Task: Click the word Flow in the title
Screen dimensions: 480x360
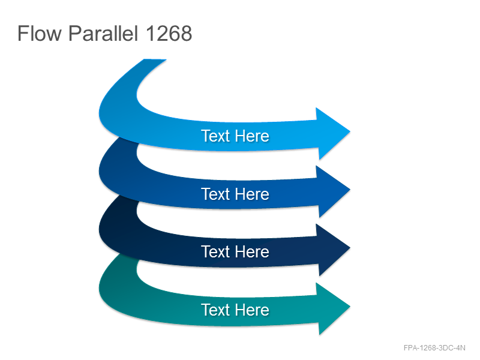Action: [40, 33]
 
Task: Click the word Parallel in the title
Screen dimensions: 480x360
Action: [103, 33]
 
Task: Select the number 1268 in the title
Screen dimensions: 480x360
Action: [169, 33]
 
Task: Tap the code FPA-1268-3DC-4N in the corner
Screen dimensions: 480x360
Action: [434, 348]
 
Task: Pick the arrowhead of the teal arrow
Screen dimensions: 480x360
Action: [332, 308]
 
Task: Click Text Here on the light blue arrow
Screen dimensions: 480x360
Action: [235, 136]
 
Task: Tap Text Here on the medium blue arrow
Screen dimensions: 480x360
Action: [235, 194]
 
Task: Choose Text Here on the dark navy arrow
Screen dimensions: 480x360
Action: [235, 251]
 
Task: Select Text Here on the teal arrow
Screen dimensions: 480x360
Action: [235, 310]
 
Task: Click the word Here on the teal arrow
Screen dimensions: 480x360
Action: [252, 310]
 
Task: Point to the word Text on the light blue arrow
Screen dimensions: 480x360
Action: [215, 136]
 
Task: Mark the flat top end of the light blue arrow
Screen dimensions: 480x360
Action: [155, 59]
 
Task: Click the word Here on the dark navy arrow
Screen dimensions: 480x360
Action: [252, 251]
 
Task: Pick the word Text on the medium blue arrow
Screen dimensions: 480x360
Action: [215, 194]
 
